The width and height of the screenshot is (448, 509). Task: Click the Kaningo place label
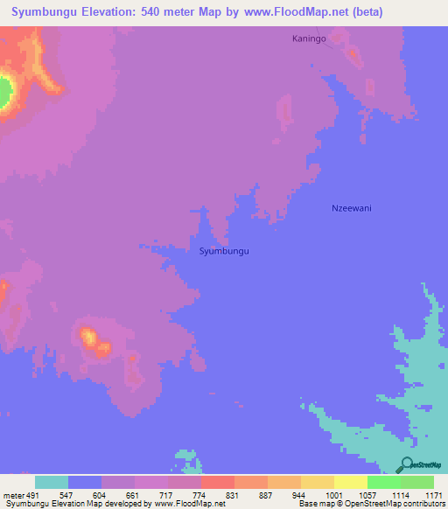click(309, 39)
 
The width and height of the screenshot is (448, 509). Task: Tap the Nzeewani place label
click(353, 208)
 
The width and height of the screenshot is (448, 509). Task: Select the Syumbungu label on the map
click(225, 251)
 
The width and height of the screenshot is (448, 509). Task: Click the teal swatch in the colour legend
click(52, 482)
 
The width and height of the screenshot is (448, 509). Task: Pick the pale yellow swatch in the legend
click(351, 482)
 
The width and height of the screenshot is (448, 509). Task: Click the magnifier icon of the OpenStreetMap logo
click(406, 466)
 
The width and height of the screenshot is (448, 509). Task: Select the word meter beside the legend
click(12, 496)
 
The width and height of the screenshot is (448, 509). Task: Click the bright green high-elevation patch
click(5, 92)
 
